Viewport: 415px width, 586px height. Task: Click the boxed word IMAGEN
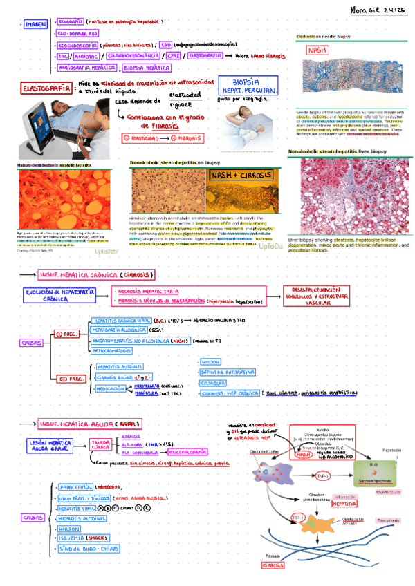[x=34, y=25]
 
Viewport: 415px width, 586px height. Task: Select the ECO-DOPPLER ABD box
[x=78, y=32]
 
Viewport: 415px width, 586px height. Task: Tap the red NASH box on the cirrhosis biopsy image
[x=318, y=50]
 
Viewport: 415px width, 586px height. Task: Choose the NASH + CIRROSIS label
[x=239, y=176]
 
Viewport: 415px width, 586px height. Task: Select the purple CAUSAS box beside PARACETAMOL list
[x=33, y=516]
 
